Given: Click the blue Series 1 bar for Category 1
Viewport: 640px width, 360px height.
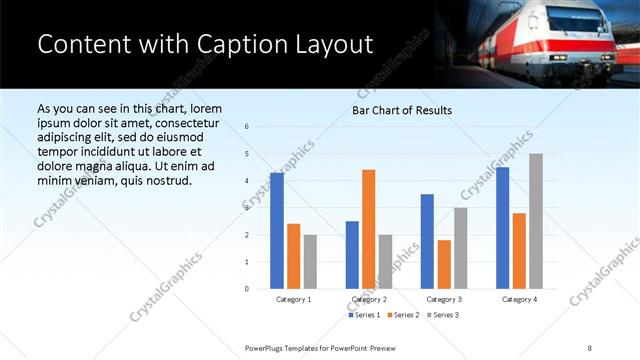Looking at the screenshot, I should [277, 231].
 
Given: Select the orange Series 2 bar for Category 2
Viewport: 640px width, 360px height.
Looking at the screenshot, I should [368, 229].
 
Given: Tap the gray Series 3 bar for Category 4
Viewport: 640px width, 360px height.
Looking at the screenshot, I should [536, 221].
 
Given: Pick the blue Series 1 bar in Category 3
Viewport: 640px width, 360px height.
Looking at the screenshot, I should [427, 241].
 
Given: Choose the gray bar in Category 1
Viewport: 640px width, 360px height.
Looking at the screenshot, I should [310, 261].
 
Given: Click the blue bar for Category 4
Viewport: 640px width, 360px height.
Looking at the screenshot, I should [502, 228].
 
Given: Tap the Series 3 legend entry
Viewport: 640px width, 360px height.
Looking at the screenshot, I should [443, 315].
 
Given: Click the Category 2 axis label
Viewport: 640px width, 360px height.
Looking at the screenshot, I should [368, 299].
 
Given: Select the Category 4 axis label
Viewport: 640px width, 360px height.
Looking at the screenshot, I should [519, 299].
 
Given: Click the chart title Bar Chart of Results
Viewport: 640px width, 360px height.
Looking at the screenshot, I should [402, 110].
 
